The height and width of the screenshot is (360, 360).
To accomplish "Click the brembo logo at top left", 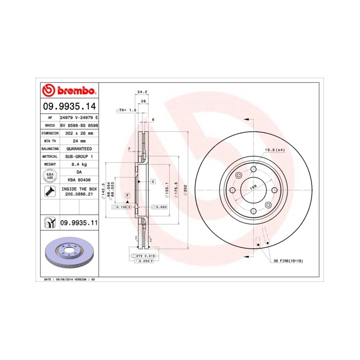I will coord(69,91).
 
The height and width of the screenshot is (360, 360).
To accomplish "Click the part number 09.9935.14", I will coord(69,106).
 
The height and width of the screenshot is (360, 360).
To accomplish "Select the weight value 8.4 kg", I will coord(79,164).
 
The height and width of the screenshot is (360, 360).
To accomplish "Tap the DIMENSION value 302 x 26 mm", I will coord(79,133).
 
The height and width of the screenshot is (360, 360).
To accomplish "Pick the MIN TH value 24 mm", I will coord(79,140).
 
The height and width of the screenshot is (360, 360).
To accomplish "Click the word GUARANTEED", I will coord(79,148).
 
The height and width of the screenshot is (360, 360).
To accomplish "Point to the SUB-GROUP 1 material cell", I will coord(79,156).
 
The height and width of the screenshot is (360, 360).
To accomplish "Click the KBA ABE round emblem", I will coord(50,176).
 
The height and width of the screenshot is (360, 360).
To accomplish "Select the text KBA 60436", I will coord(79,180).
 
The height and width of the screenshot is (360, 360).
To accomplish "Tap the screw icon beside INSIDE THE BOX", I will coord(50,192).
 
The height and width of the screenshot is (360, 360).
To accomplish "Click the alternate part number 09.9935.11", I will coord(79,223).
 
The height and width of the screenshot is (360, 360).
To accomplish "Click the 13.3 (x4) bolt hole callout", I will coord(274,150).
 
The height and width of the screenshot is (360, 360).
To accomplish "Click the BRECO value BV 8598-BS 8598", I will coord(79,125).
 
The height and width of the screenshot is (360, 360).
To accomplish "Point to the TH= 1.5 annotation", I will coord(126,110).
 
